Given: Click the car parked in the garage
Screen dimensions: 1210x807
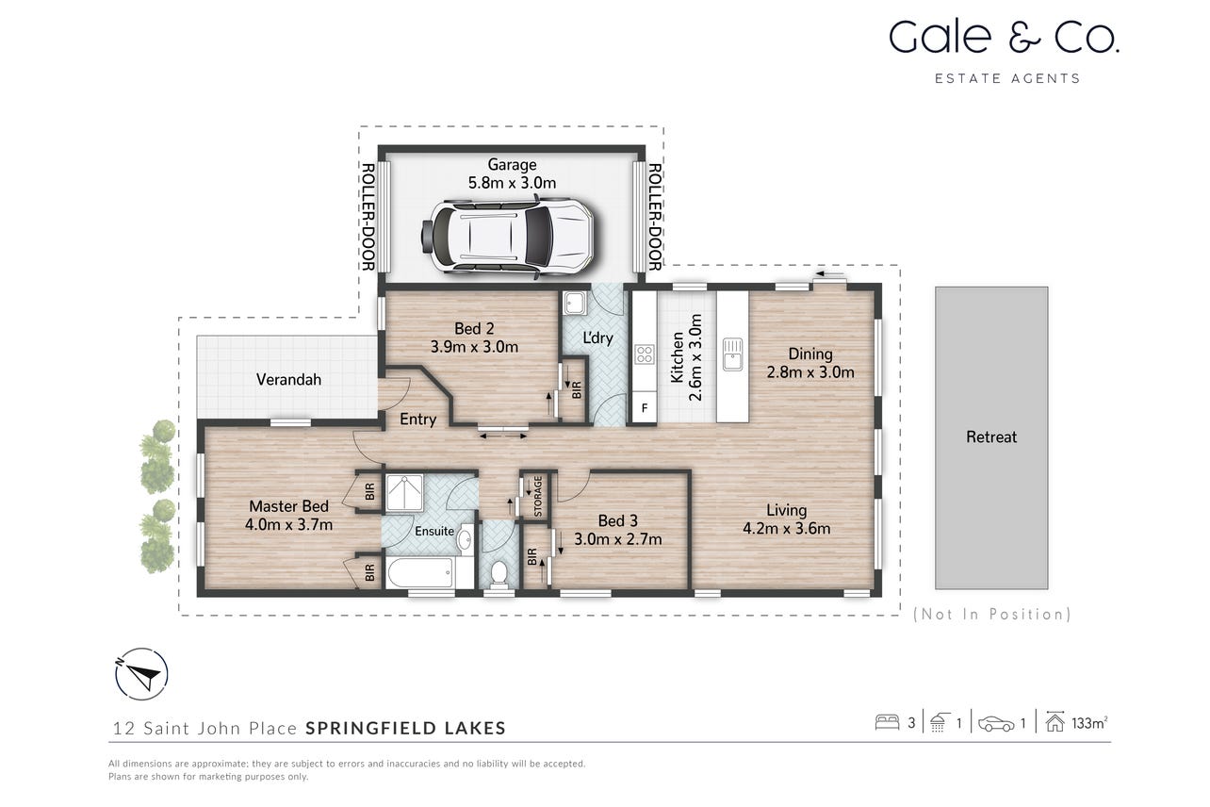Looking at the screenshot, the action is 507,238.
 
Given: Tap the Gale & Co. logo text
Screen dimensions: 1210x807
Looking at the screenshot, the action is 1005,37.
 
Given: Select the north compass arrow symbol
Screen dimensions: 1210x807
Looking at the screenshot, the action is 141,674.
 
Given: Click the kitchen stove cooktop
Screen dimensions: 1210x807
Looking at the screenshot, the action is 645,354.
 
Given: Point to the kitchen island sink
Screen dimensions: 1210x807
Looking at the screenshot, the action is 732,354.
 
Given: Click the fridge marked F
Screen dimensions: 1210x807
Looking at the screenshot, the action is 645,408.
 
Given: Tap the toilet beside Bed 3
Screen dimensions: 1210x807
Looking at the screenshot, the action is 499,573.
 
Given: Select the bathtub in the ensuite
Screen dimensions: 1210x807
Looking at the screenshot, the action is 419,572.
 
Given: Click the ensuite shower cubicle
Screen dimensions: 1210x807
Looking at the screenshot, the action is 403,492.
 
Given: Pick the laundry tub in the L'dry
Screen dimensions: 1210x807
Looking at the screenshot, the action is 574,304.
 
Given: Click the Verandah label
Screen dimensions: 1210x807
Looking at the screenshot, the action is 288,379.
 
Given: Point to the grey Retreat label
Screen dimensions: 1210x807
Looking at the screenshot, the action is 991,436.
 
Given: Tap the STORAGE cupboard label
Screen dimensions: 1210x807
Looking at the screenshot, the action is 537,496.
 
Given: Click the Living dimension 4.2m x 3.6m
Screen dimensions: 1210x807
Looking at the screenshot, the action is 787,528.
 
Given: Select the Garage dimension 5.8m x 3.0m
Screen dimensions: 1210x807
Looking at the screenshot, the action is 512,183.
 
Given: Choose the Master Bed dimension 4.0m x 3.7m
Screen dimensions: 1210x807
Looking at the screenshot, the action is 288,524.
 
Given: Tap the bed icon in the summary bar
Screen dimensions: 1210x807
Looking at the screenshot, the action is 887,723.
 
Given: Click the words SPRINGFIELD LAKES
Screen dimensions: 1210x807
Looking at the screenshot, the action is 405,728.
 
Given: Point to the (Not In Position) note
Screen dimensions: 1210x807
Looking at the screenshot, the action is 992,614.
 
